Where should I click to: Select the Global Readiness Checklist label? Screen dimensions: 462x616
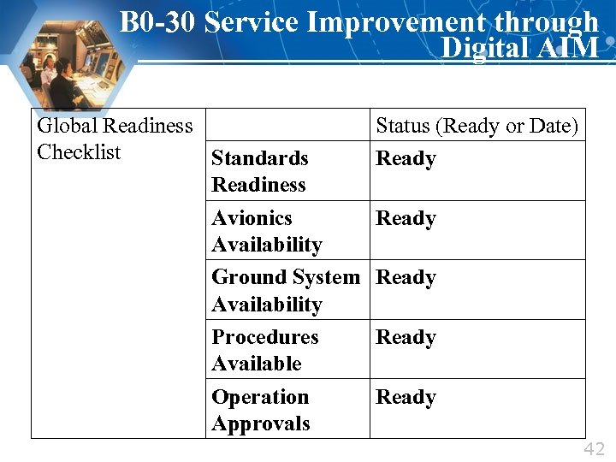point(115,139)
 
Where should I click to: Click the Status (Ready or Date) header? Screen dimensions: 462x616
point(477,126)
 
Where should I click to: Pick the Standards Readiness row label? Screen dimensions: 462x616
point(259,171)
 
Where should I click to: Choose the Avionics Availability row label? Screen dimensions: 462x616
point(266,231)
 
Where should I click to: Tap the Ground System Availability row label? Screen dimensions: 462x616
point(286,291)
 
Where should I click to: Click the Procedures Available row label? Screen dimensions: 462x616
point(264,350)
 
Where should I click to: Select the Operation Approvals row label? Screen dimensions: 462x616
point(260,410)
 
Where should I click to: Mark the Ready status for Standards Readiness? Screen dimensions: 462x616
point(406,159)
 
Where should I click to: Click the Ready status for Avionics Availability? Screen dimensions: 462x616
point(406,219)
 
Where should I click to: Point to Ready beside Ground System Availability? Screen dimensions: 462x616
point(406,278)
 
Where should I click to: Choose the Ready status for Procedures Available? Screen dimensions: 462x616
point(406,338)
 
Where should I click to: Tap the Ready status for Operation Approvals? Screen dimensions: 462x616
point(406,398)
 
